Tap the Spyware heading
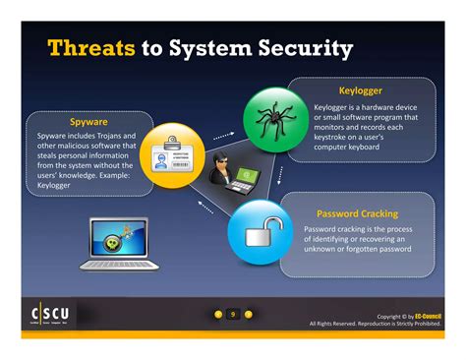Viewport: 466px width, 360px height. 88,122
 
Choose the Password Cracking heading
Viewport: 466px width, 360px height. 357,213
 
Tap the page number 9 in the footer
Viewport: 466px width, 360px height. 233,315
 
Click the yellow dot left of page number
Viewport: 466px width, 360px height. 218,315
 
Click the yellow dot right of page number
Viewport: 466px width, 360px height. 248,315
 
